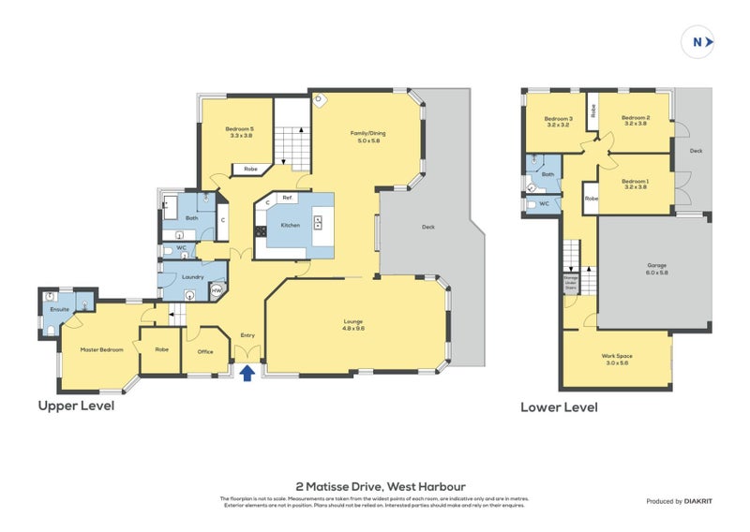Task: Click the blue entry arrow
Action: point(247,374)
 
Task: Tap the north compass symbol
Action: point(697,41)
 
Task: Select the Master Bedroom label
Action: point(100,349)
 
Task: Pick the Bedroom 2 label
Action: point(636,120)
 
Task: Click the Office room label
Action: point(204,352)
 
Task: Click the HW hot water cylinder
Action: point(217,291)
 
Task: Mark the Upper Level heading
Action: point(76,406)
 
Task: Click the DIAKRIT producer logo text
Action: point(698,501)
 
